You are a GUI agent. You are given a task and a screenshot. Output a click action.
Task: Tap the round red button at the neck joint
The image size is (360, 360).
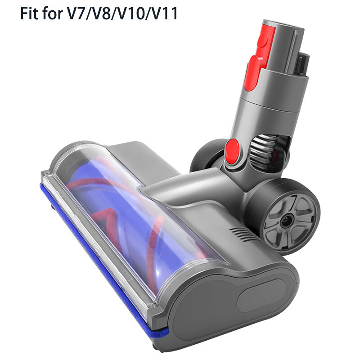point(233,149)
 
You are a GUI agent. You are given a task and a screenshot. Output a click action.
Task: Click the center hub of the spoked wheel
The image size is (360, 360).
point(287,218)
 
